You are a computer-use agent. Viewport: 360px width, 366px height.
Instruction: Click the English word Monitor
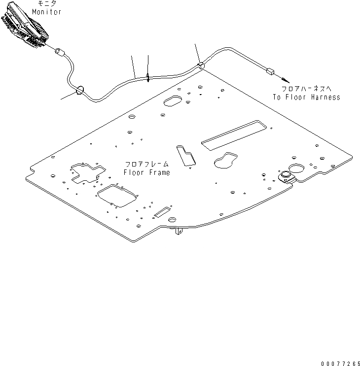point(47,12)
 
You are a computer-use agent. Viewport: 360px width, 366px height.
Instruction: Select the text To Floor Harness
point(306,97)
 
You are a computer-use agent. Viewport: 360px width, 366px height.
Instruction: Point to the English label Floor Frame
point(146,172)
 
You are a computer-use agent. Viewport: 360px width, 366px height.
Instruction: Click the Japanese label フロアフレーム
point(146,165)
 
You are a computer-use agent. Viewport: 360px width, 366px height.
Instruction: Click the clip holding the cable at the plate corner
point(201,65)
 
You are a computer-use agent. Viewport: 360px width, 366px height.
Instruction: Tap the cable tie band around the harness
point(148,77)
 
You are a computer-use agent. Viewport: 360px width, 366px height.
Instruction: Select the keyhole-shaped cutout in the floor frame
point(225,161)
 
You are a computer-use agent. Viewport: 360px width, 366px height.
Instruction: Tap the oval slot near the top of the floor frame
point(173,100)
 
